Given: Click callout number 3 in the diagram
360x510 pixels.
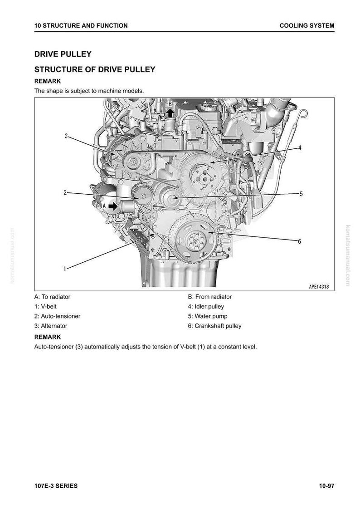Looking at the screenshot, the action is (x=66, y=136).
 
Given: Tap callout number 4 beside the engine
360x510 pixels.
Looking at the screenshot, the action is (x=300, y=147).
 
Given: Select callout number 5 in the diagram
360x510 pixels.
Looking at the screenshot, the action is (x=301, y=194).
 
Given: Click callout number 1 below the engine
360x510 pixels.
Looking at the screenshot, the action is (x=65, y=269).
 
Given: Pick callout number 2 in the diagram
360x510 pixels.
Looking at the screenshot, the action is (x=65, y=192).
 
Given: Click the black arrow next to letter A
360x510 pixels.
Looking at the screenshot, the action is (x=113, y=206).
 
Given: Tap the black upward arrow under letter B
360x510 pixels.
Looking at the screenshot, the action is (x=170, y=113).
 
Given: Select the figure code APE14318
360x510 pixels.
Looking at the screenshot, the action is (x=319, y=287).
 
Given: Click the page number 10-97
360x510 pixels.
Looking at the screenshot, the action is (x=326, y=486).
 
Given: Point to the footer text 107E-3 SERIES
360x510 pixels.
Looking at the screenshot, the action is (x=56, y=486).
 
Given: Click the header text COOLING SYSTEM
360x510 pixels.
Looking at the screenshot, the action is (x=307, y=25).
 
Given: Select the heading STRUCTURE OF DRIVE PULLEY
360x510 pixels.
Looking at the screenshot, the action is (x=95, y=69).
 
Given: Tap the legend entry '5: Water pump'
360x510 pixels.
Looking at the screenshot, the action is (x=208, y=316).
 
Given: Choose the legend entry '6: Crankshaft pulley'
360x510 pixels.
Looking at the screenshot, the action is (x=214, y=326).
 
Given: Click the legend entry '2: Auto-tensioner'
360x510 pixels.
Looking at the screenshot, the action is (x=57, y=316).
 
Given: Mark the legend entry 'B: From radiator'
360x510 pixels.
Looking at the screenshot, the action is (x=210, y=297).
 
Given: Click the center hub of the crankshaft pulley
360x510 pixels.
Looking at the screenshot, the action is (x=195, y=240).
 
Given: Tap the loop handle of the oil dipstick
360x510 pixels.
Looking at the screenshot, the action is (x=303, y=113).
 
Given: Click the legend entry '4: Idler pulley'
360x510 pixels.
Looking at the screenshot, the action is (x=206, y=306).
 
